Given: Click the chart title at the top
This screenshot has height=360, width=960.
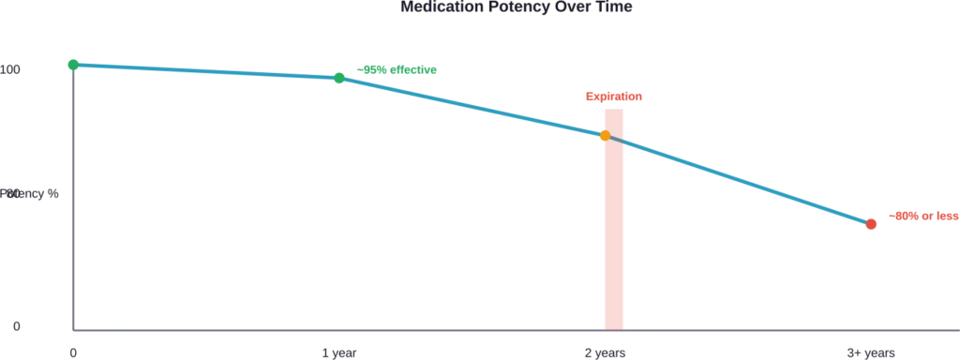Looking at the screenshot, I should [517, 7].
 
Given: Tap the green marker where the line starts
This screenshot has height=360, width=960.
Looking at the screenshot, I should [73, 64].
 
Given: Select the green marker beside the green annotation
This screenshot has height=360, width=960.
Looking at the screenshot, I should [339, 77].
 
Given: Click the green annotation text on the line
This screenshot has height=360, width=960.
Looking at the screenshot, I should [400, 68].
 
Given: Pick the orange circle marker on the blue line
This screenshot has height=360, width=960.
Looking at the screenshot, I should [605, 136].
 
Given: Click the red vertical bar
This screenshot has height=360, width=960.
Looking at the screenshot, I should [614, 234].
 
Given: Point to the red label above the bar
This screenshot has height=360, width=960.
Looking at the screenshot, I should [614, 97].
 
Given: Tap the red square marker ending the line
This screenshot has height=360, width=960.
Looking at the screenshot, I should [870, 224].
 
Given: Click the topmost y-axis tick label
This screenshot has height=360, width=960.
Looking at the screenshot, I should [11, 68].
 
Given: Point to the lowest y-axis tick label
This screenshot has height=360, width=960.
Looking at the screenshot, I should [13, 324].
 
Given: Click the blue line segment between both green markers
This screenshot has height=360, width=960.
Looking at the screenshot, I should [206, 70].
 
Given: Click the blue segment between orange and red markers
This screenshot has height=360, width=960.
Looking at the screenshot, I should [741, 181].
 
